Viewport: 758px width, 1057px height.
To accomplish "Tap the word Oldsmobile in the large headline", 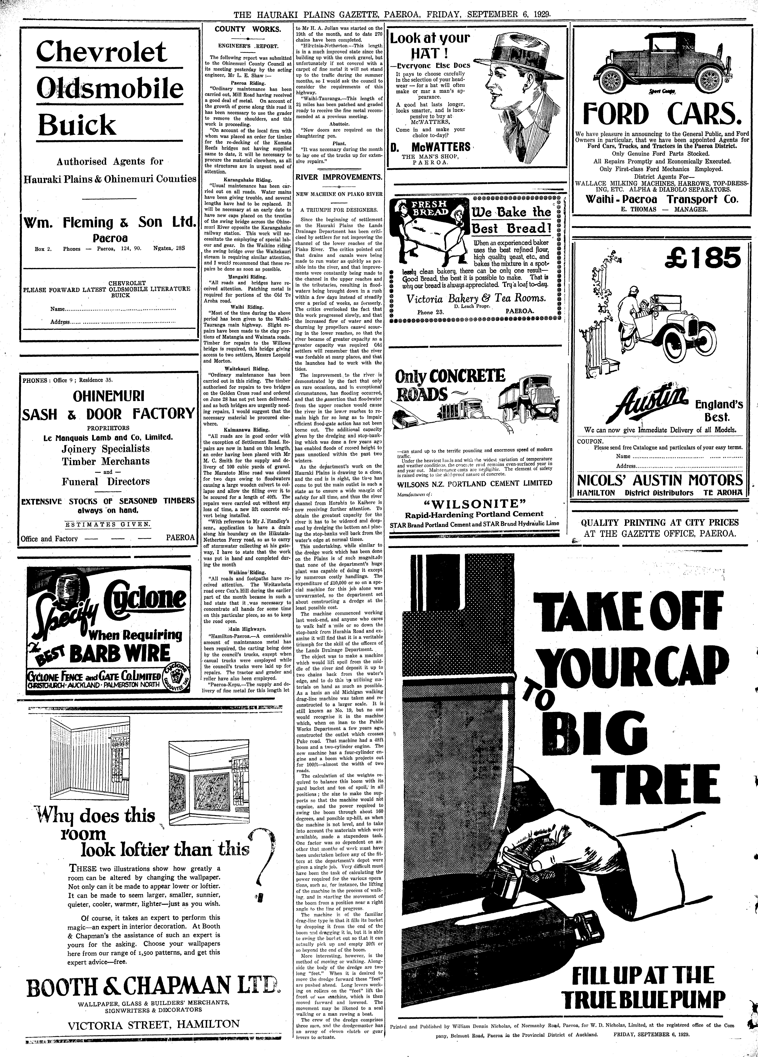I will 110,89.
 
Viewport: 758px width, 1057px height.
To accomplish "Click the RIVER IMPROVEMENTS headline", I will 339,177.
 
